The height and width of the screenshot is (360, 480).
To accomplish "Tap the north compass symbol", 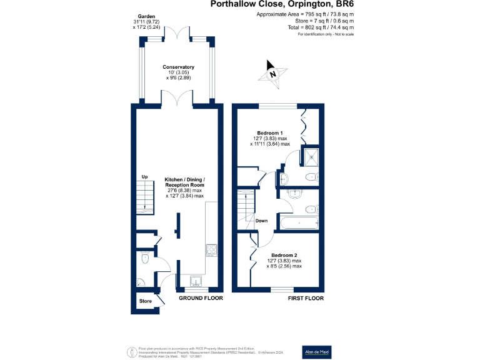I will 272,72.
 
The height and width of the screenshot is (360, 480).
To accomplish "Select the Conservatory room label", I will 178,67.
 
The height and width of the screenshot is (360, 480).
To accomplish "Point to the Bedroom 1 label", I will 270,133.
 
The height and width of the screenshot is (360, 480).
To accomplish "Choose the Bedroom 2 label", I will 284,255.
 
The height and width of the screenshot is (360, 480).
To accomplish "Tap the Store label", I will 145,302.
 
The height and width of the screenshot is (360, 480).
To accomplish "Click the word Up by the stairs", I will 144,176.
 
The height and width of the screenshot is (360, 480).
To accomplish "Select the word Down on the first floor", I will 262,221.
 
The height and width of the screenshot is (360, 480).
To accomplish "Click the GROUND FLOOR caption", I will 201,299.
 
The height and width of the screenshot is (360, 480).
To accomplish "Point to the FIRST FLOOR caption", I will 306,299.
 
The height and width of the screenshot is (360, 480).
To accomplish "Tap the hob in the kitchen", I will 211,251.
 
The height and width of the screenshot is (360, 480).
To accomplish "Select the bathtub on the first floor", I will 299,222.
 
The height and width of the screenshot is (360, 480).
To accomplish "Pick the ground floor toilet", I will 144,256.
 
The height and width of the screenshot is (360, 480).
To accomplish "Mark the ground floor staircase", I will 145,199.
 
